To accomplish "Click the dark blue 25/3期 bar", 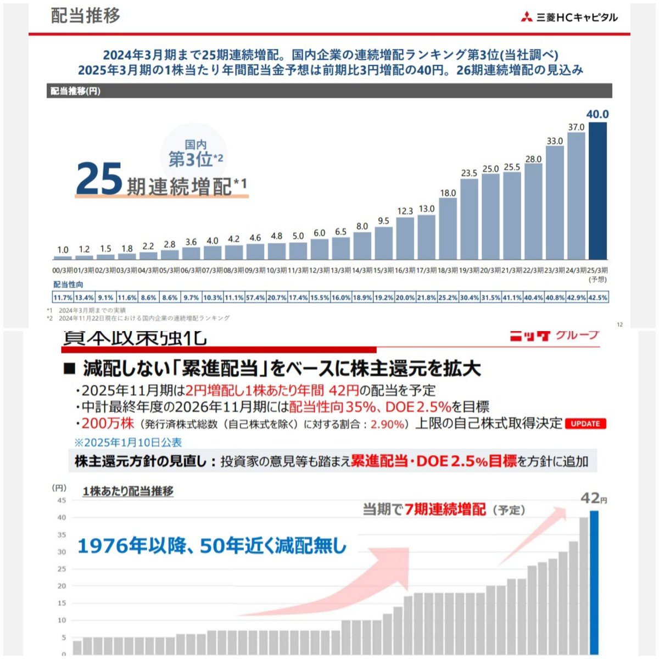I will pyautogui.click(x=597, y=191).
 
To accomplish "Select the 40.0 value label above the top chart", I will pyautogui.click(x=597, y=114).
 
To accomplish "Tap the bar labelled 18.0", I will pyautogui.click(x=448, y=228).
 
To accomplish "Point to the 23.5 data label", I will pyautogui.click(x=469, y=173).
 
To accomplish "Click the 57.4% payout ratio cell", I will pyautogui.click(x=255, y=297).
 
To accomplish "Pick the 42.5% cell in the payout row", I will pyautogui.click(x=598, y=297).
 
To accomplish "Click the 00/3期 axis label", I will pyautogui.click(x=63, y=270).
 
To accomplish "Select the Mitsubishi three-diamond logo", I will pyautogui.click(x=527, y=18).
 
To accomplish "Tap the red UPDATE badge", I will pyautogui.click(x=585, y=423).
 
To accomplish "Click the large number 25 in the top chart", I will pyautogui.click(x=99, y=179).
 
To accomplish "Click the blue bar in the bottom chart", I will pyautogui.click(x=594, y=582).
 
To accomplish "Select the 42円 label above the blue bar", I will pyautogui.click(x=594, y=499).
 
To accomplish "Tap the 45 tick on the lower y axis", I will pyautogui.click(x=62, y=500).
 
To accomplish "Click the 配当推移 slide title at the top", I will pyautogui.click(x=86, y=15).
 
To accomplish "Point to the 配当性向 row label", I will pyautogui.click(x=68, y=284).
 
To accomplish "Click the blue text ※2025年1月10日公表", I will pyautogui.click(x=128, y=442).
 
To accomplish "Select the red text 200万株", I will pyautogui.click(x=108, y=423).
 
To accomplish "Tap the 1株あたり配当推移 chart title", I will pyautogui.click(x=128, y=491).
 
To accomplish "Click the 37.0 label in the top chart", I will pyautogui.click(x=576, y=127).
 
